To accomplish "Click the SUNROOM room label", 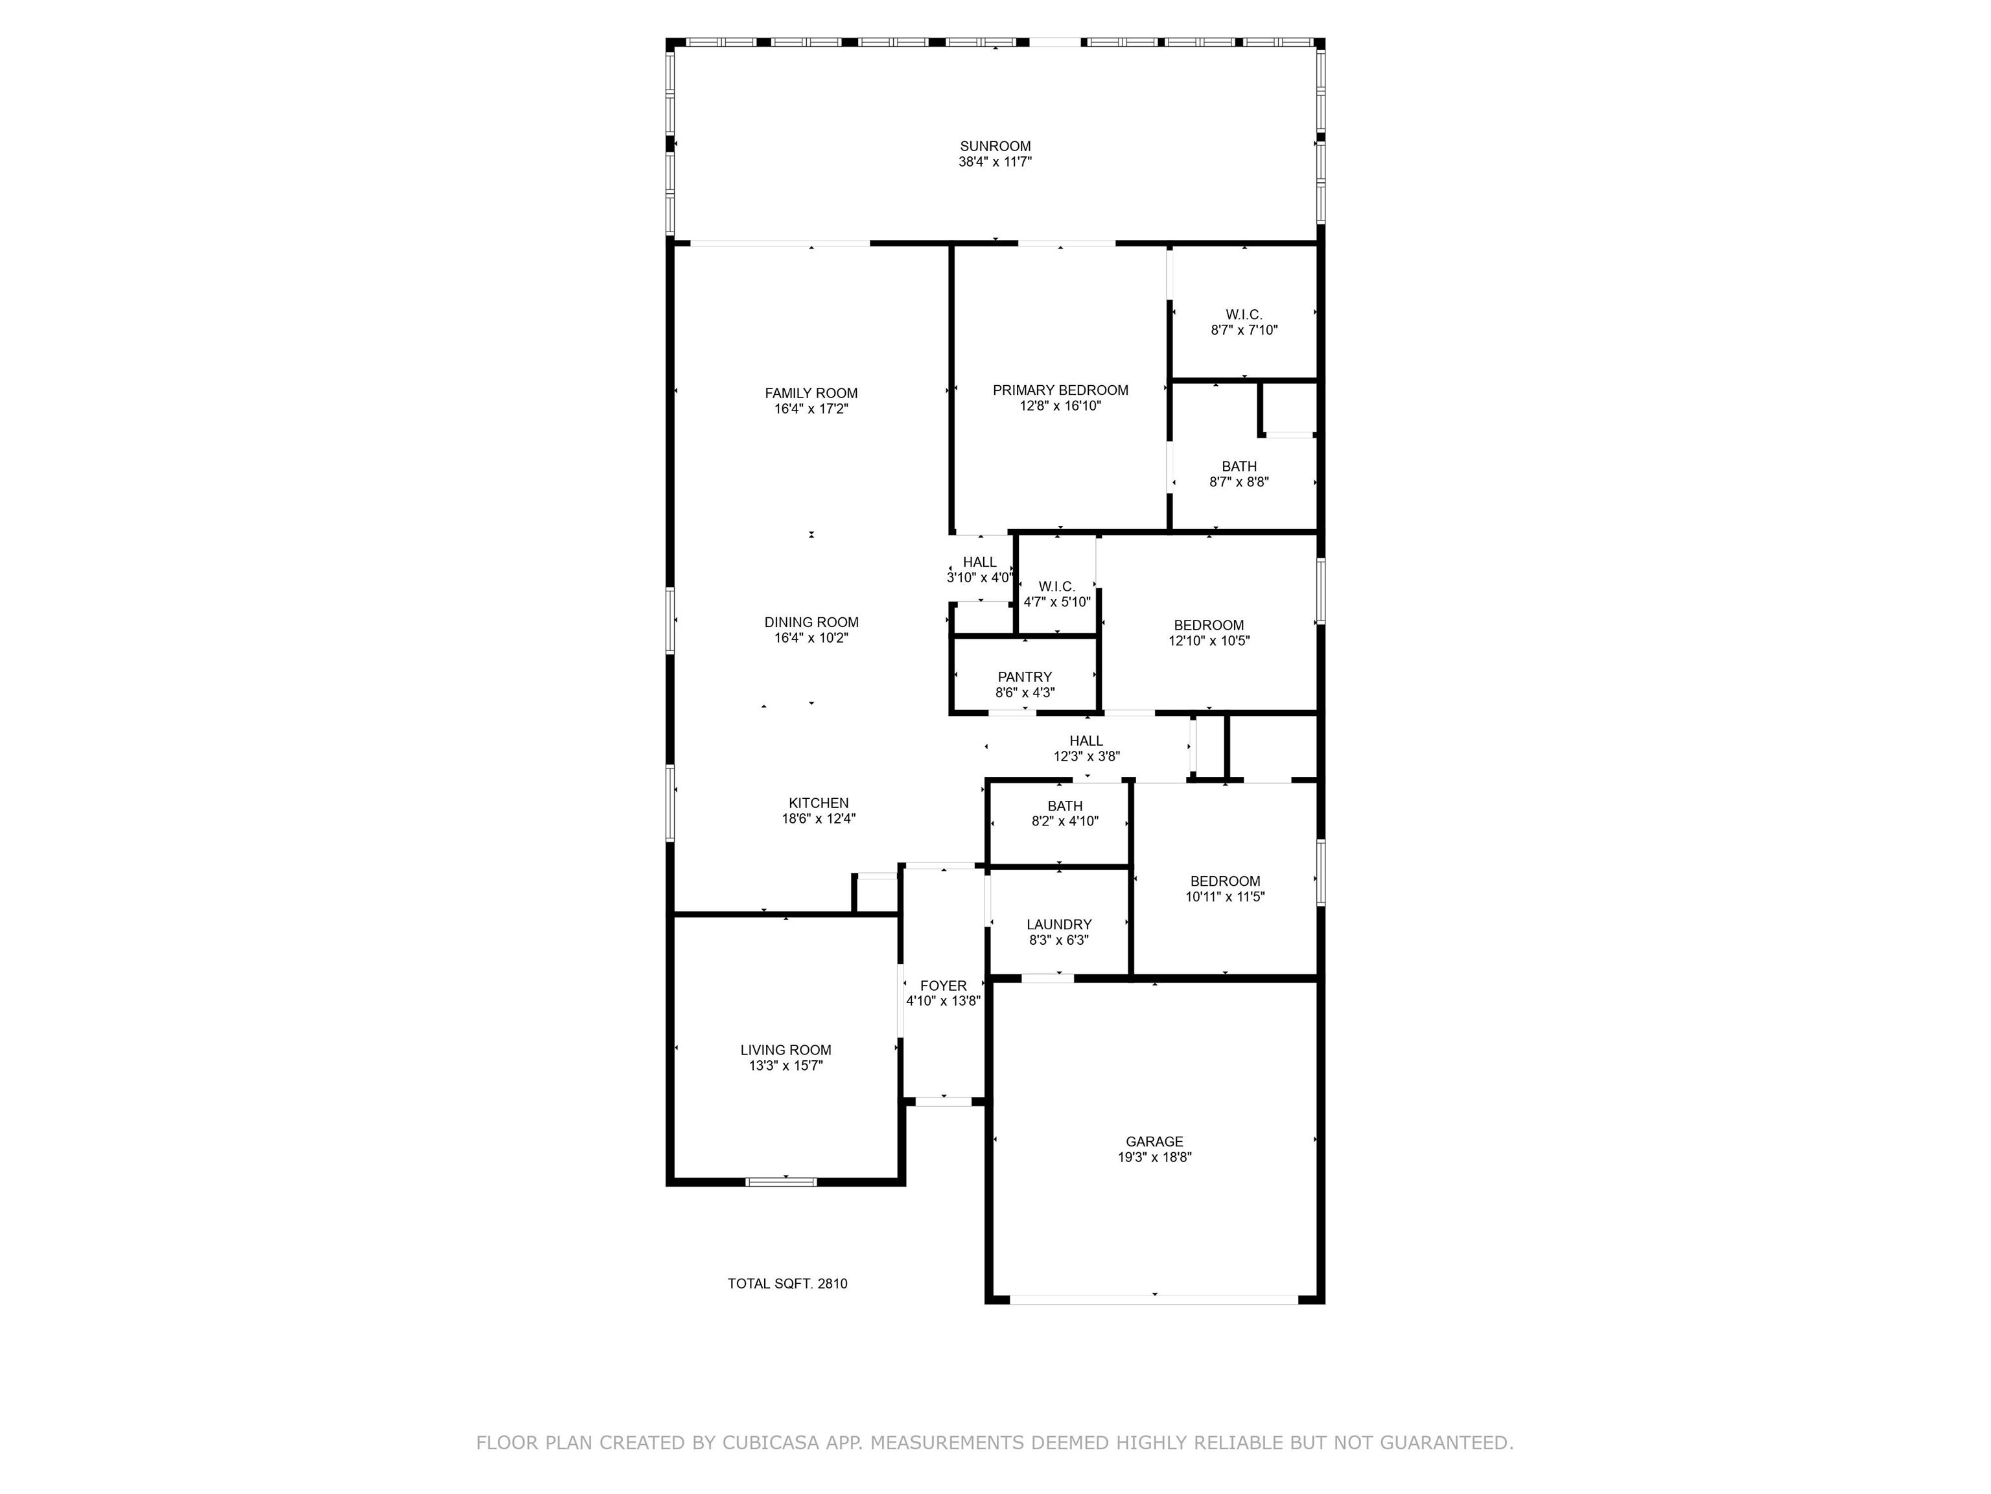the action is point(995,146).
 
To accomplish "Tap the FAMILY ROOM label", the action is point(811,393).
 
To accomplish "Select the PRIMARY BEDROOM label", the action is point(1060,390).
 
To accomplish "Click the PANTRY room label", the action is point(1024,677).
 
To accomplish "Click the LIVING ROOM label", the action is point(786,1050).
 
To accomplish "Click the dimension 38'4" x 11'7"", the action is point(995,162).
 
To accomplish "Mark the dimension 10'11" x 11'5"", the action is point(1225,897).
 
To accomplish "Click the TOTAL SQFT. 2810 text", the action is point(787,1283).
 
